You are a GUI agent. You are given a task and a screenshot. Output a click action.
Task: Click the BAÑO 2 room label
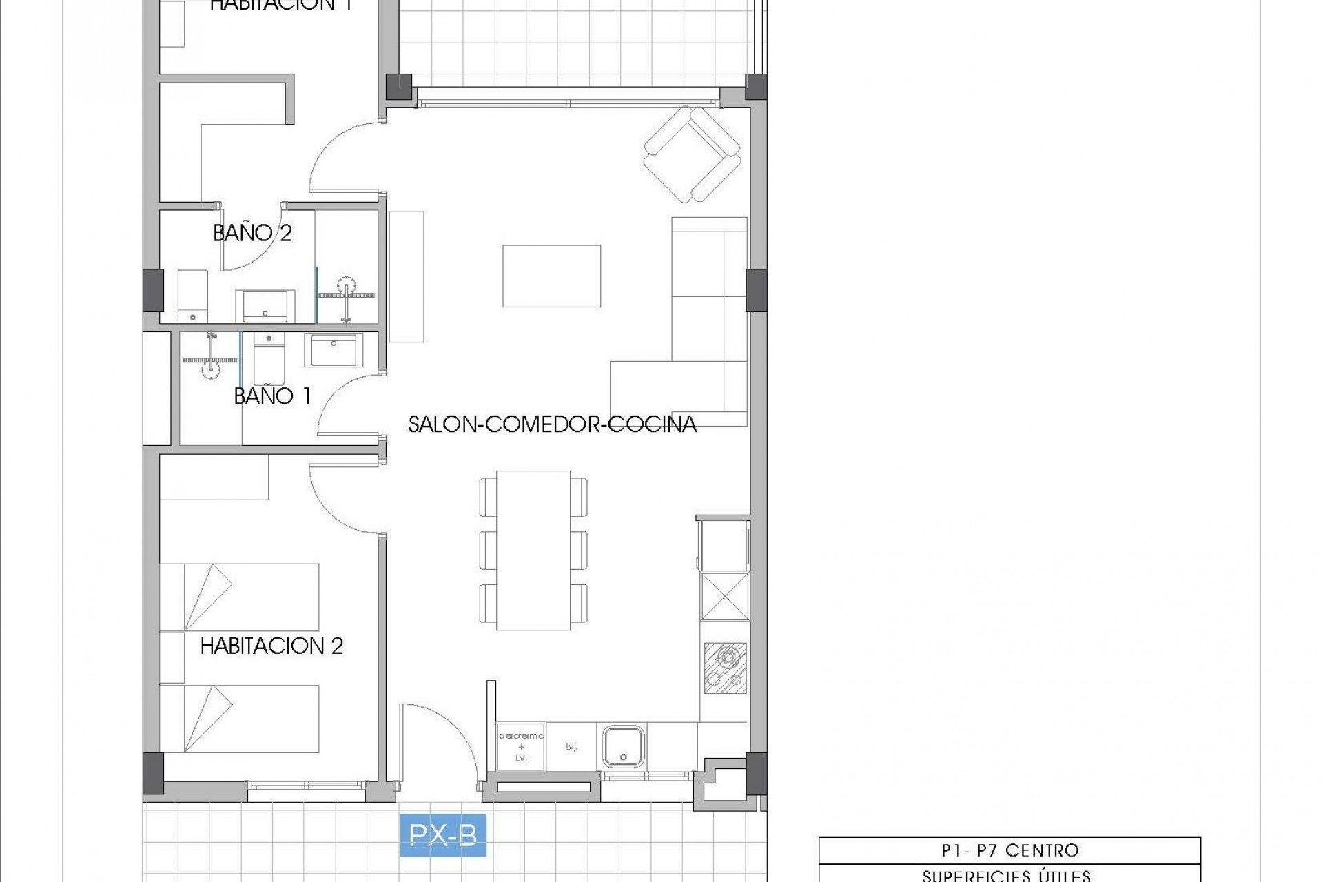click(252, 233)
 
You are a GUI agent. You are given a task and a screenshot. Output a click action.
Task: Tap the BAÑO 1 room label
click(272, 396)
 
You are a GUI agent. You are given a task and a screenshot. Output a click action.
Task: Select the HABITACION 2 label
click(271, 646)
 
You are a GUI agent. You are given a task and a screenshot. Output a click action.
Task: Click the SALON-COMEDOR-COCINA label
click(552, 424)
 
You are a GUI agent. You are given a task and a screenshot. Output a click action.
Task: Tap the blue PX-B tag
click(443, 835)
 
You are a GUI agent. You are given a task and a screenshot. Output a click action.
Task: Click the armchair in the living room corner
click(692, 154)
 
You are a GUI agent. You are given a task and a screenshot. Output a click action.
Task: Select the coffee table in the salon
click(551, 276)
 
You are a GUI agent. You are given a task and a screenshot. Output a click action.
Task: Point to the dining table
click(533, 550)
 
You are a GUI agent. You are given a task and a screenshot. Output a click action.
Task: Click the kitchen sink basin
click(623, 746)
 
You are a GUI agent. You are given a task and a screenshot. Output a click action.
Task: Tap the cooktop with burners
click(725, 667)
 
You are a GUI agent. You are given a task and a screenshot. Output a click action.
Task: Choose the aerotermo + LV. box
click(521, 746)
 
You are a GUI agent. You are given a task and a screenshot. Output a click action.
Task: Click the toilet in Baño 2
click(193, 297)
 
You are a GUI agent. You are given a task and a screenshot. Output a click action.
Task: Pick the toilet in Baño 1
click(267, 359)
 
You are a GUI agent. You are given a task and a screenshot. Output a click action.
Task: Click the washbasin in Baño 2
click(265, 306)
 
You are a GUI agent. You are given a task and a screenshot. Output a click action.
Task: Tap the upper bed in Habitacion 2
click(239, 597)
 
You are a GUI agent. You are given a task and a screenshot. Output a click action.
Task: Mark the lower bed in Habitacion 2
click(239, 718)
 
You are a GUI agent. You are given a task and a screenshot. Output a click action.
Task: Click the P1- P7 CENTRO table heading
click(1009, 850)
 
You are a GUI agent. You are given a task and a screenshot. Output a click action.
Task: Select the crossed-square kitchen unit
click(725, 597)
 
